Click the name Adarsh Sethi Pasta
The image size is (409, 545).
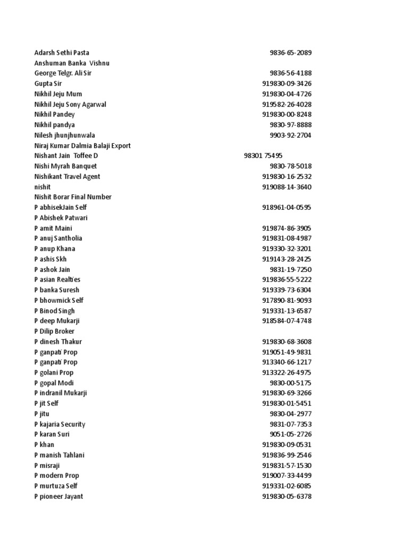tap(62, 53)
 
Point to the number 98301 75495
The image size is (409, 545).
tap(263, 156)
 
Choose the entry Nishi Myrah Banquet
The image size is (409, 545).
tap(66, 166)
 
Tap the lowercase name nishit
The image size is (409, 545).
tap(43, 187)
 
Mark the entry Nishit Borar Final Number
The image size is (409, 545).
tap(73, 197)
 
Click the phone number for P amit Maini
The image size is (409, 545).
tap(287, 228)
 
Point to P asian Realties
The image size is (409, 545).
tap(58, 279)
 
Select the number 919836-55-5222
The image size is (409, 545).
tap(287, 279)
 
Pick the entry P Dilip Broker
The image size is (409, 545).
tap(54, 331)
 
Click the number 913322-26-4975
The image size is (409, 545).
tap(287, 373)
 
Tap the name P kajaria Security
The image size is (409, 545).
tap(60, 424)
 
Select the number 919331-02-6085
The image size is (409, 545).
tap(287, 486)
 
